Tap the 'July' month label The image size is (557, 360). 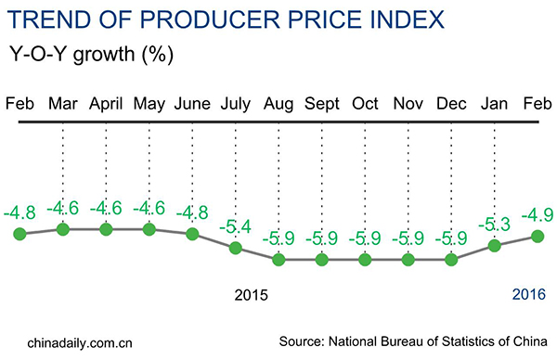click(x=235, y=103)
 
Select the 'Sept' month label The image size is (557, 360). click(x=321, y=103)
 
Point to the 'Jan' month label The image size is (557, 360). click(x=495, y=103)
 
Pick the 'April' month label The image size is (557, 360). click(x=106, y=103)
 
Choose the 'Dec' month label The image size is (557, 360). click(x=451, y=103)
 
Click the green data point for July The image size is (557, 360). click(x=236, y=248)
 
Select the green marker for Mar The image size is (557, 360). click(x=62, y=229)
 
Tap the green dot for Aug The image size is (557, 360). click(x=278, y=260)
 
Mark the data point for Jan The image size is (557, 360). click(x=495, y=246)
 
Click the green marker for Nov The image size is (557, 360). click(x=408, y=260)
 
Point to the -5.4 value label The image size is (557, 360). click(x=236, y=225)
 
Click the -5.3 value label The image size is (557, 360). click(x=495, y=224)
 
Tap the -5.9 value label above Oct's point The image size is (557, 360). click(x=365, y=238)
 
